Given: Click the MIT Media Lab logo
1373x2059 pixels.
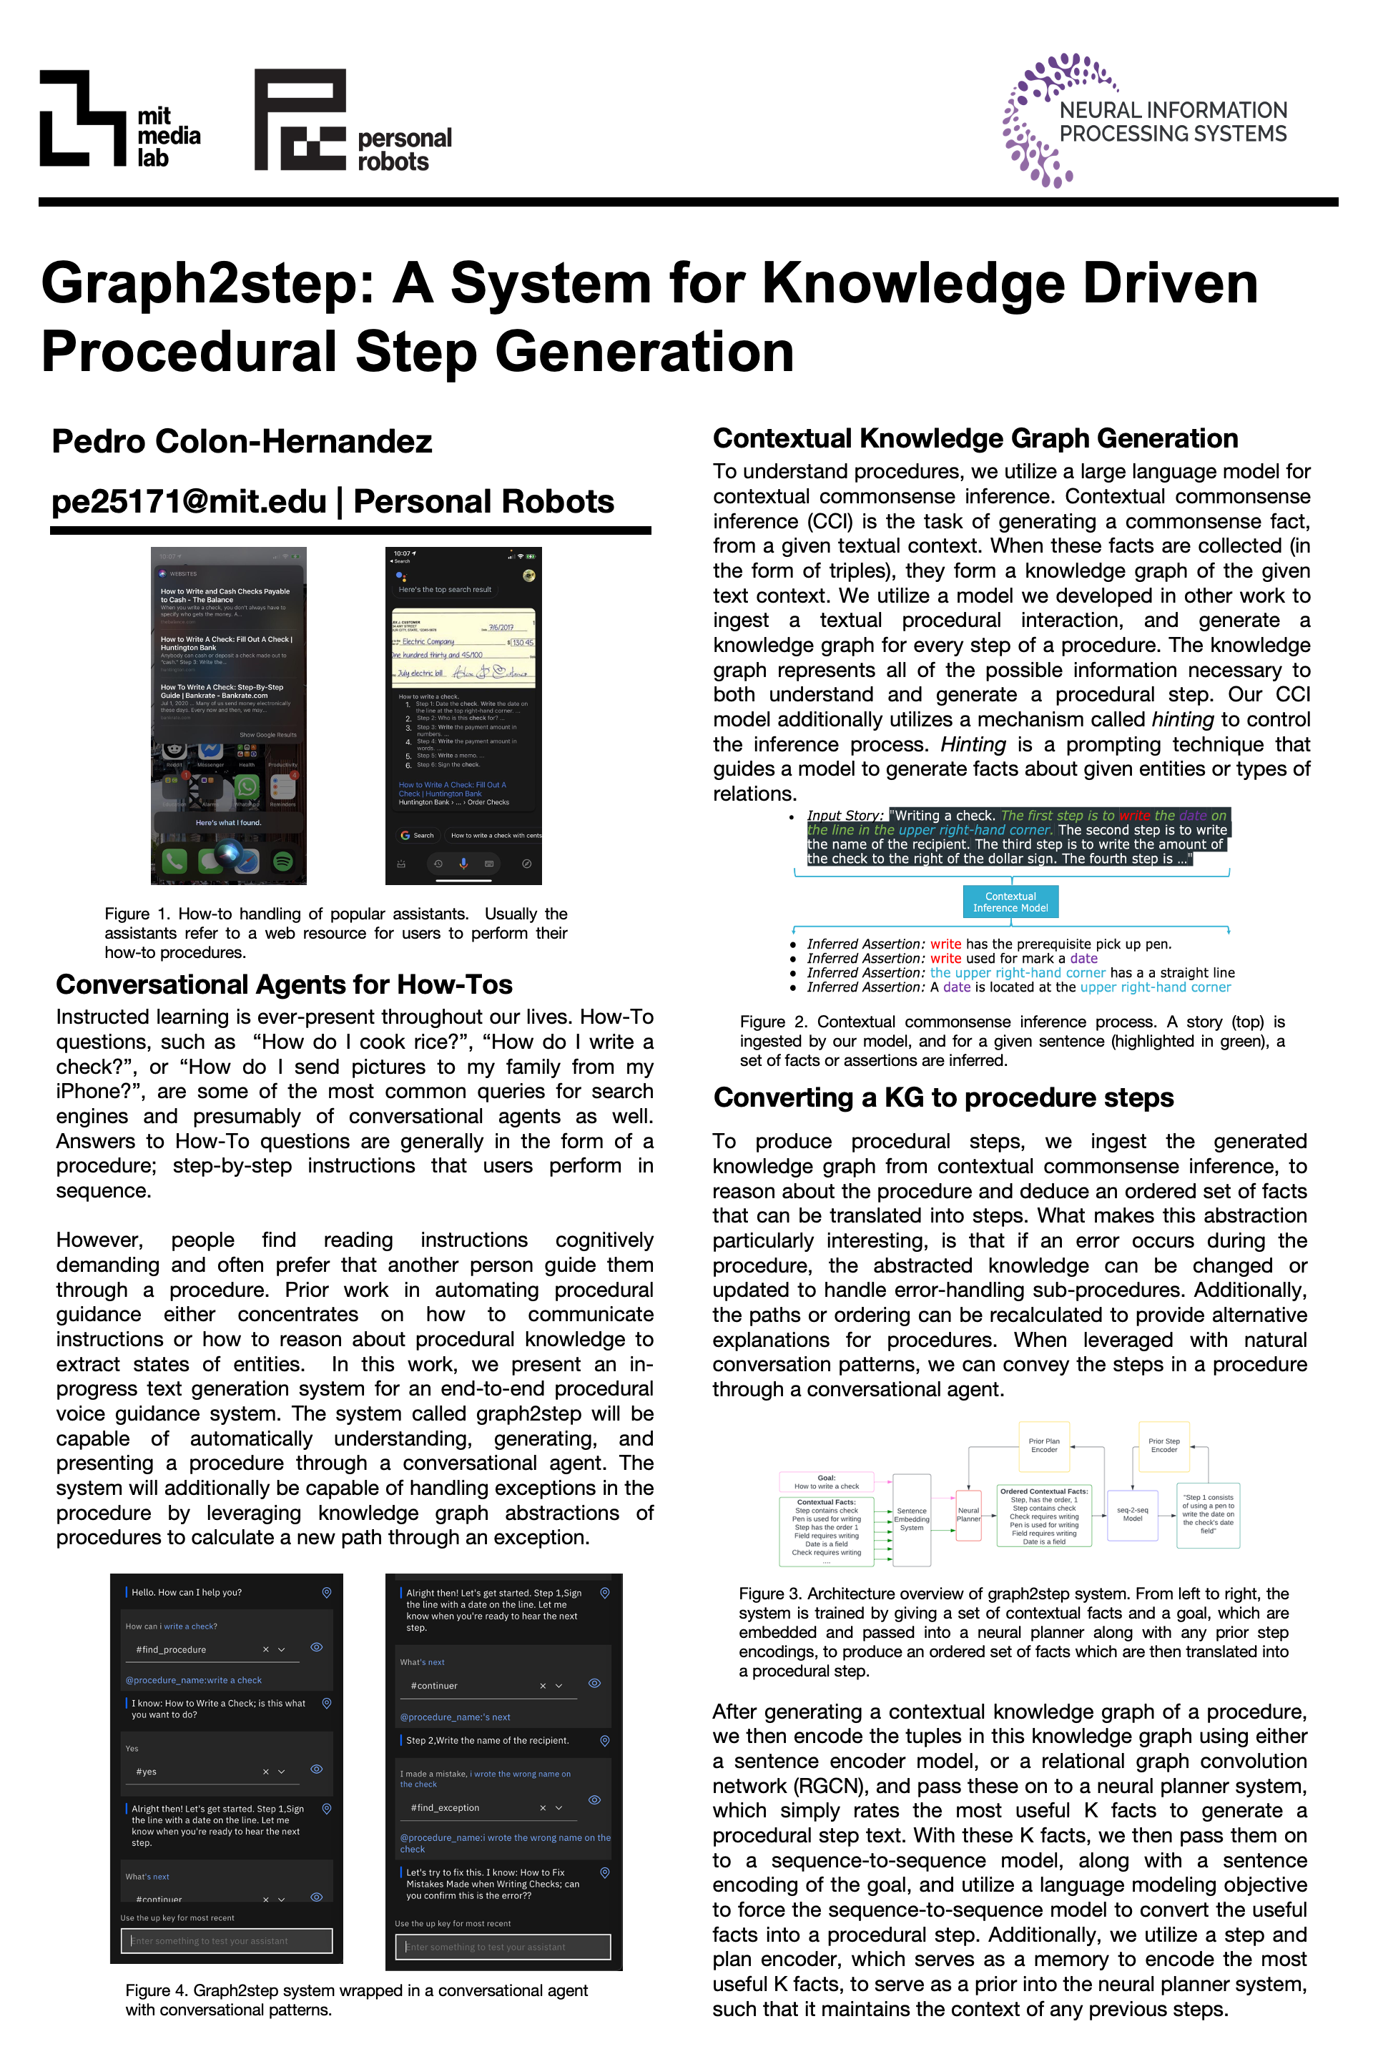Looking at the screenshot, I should pyautogui.click(x=119, y=119).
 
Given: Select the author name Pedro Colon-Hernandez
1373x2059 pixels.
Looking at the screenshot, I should pyautogui.click(x=242, y=441).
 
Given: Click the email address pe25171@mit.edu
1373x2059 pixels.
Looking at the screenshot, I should pyautogui.click(x=188, y=502).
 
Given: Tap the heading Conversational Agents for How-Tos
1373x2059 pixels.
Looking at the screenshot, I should pyautogui.click(x=284, y=985).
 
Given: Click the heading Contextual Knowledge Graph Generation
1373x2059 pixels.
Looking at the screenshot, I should pyautogui.click(x=975, y=438).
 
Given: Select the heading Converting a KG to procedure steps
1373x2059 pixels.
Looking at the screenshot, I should pyautogui.click(x=943, y=1098).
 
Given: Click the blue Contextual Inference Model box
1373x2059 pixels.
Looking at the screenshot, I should pyautogui.click(x=1010, y=902).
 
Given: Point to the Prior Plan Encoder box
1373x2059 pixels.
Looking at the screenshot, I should pyautogui.click(x=1044, y=1446).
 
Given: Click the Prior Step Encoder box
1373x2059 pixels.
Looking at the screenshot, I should pyautogui.click(x=1163, y=1446).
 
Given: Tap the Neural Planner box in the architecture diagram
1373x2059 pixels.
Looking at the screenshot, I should pyautogui.click(x=968, y=1514).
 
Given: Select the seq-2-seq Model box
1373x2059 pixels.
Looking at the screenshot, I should pyautogui.click(x=1132, y=1514).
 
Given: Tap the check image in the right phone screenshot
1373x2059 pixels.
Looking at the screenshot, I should pyautogui.click(x=463, y=648).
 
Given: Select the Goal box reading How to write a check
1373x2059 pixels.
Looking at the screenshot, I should pyautogui.click(x=826, y=1482).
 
